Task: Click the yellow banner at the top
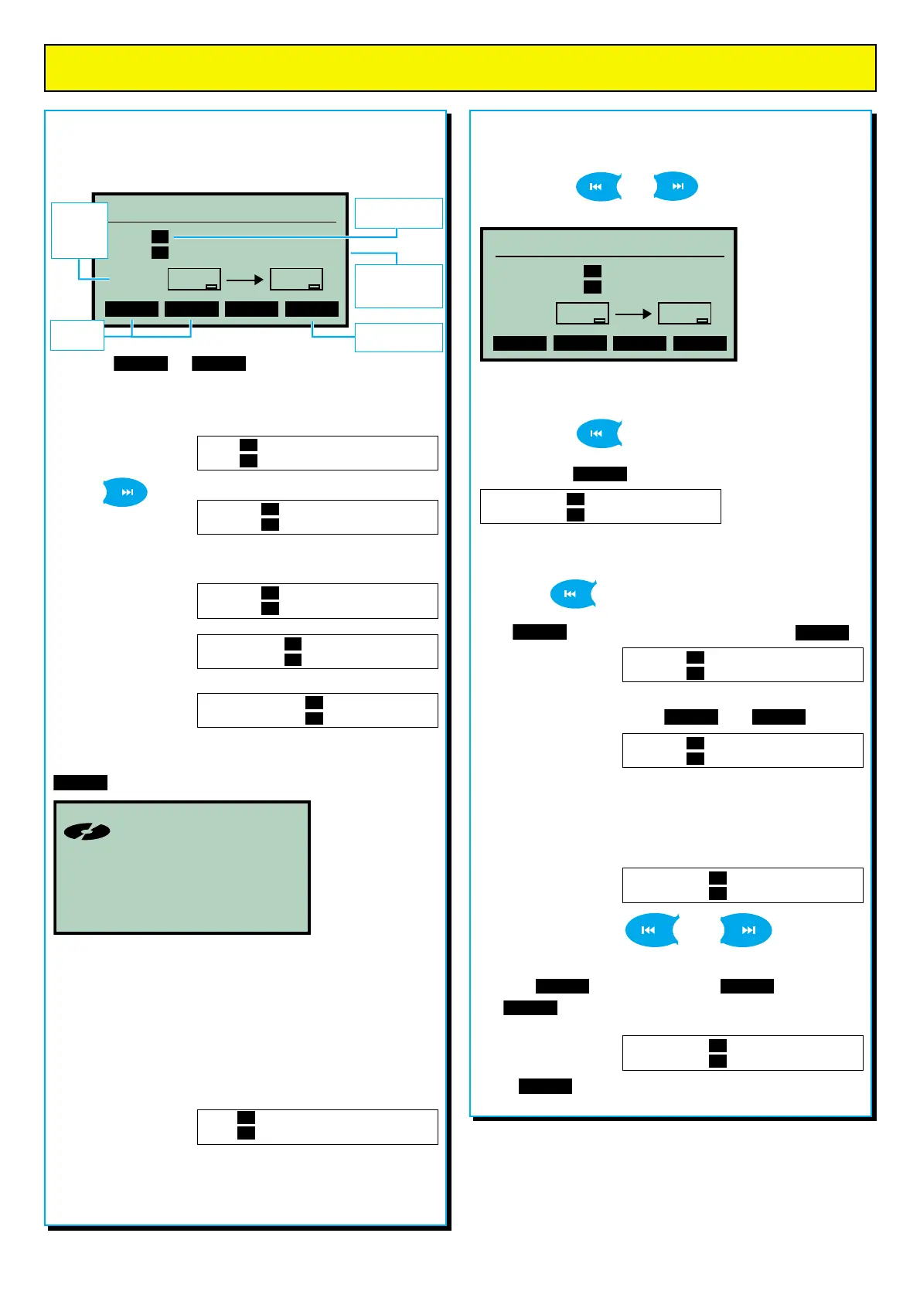(460, 68)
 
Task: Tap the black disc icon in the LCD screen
(87, 831)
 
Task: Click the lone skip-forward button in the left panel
(125, 492)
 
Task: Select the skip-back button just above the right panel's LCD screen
(598, 186)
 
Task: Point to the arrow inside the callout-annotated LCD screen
(245, 280)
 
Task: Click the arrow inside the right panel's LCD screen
(633, 314)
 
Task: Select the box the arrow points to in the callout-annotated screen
(296, 279)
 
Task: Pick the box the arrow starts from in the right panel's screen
(582, 313)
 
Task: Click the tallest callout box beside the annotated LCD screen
(79, 230)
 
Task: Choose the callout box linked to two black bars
(77, 335)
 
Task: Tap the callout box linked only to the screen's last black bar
(398, 338)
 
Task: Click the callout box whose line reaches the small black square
(398, 212)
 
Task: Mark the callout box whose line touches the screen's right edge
(398, 286)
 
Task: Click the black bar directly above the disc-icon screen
(80, 783)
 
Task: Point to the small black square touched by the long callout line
(160, 236)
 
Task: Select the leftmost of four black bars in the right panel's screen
(520, 343)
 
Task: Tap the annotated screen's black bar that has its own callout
(312, 309)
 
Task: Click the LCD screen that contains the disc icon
(182, 868)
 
